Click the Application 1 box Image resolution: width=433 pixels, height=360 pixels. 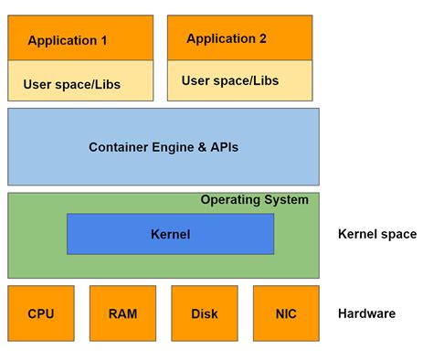69,39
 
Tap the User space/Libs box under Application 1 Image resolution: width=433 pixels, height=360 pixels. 69,82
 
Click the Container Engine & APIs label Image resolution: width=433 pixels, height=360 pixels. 164,146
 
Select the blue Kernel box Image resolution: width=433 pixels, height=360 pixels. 170,234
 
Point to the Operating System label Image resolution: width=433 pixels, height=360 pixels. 254,200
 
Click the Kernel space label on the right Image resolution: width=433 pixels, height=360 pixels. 376,234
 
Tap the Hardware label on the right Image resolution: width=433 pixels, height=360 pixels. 366,313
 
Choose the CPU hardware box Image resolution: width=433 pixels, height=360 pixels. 41,313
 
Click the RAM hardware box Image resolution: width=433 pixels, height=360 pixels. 122,313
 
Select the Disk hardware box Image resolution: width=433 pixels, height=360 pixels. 204,313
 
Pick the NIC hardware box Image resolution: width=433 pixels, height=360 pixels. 286,313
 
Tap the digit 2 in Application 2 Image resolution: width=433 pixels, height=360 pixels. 262,38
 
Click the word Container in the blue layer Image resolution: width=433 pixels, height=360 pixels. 119,146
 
